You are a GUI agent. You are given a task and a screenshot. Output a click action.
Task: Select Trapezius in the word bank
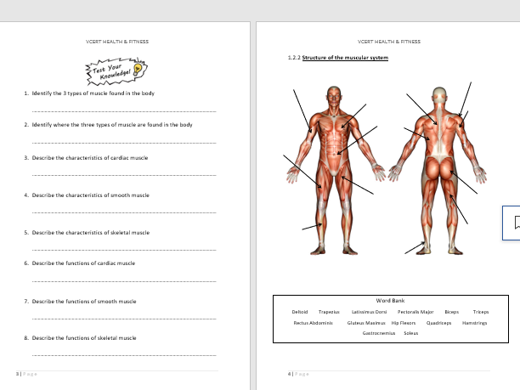[329, 312]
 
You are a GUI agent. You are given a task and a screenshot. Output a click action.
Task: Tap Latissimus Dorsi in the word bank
[369, 312]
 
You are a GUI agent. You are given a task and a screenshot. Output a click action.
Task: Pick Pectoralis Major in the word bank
[415, 312]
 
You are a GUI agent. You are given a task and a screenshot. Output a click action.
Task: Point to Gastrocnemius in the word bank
[378, 333]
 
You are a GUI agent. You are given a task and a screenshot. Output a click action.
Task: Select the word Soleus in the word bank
[411, 333]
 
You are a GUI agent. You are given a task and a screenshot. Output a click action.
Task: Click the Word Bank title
[390, 301]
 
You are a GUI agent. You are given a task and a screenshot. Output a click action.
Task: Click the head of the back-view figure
[439, 95]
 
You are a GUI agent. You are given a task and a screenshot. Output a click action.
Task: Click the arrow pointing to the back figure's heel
[416, 247]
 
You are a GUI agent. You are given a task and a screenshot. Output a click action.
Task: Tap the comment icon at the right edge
[512, 223]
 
